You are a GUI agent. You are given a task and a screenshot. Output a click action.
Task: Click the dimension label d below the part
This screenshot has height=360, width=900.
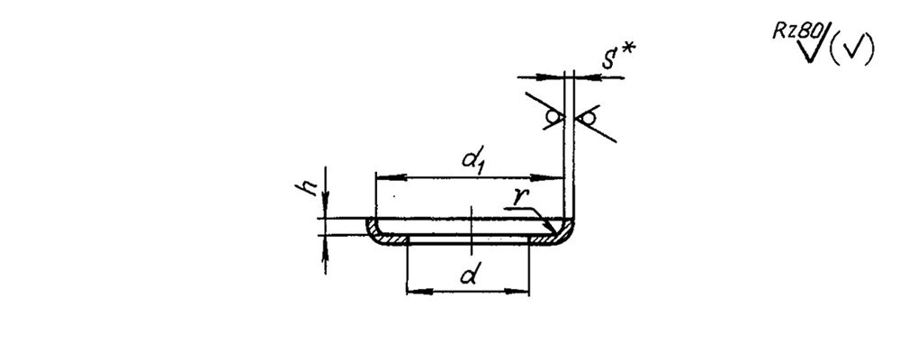point(468,275)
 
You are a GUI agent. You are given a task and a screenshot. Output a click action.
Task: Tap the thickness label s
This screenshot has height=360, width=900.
point(608,58)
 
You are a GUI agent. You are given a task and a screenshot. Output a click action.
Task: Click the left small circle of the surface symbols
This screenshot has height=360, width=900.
point(553,117)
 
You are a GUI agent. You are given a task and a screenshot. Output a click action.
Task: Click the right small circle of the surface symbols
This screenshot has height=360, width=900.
point(588,119)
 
